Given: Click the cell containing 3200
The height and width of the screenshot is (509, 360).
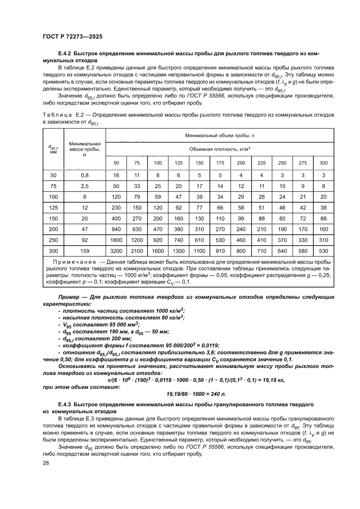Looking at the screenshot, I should click(116, 251).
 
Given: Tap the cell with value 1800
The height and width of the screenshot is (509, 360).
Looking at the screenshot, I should click(116, 239).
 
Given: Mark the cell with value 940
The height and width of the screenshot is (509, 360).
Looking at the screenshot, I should click(116, 228).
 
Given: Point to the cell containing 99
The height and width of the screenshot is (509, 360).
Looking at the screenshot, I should click(241, 217).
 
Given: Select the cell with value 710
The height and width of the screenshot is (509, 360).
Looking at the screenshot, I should click(262, 251).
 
